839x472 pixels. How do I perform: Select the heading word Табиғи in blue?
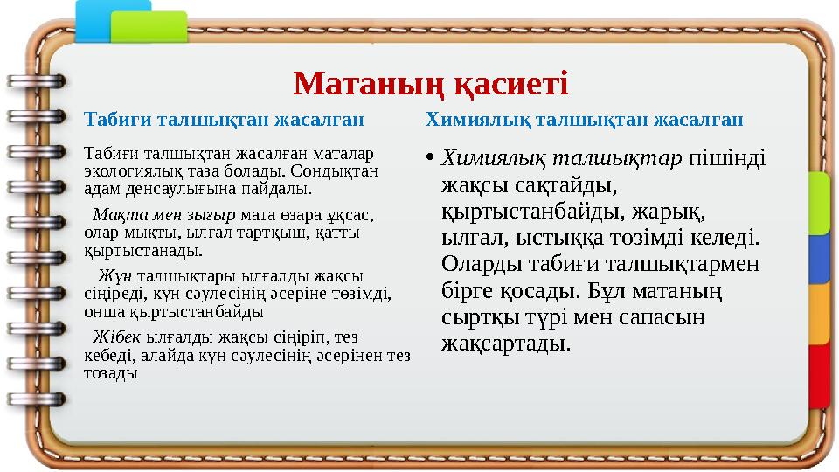(109, 118)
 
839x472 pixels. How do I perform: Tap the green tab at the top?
(161, 24)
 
